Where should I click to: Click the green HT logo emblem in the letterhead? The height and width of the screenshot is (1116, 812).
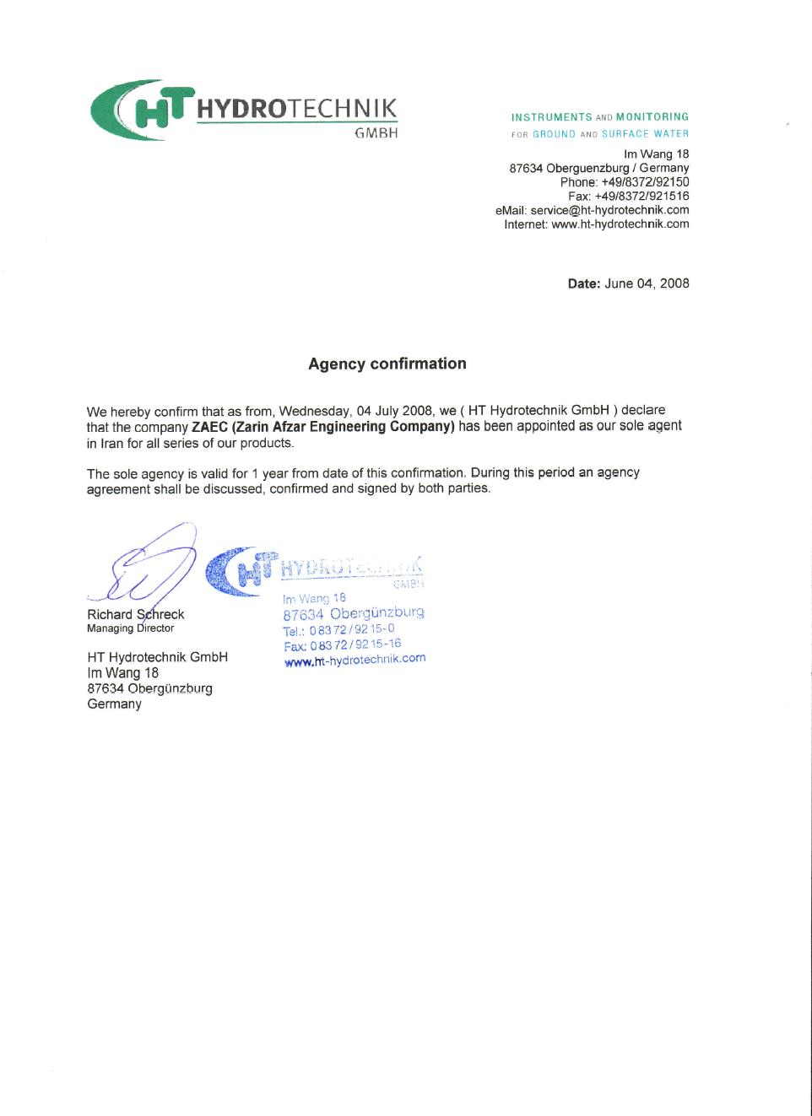[x=139, y=110]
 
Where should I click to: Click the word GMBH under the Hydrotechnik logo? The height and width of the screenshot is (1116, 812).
[x=376, y=133]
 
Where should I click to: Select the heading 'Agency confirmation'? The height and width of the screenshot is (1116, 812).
[x=387, y=364]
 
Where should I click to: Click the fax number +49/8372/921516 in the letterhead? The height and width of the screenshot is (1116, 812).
[x=641, y=197]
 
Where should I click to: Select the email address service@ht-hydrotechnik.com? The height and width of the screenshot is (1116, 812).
[x=609, y=210]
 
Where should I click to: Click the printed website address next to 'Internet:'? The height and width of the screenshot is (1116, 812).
[x=620, y=224]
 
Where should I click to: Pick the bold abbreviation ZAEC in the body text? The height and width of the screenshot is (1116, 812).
[x=210, y=427]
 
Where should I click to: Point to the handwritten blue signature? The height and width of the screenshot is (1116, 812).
[x=152, y=565]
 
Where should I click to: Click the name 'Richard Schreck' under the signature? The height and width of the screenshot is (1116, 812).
[x=135, y=614]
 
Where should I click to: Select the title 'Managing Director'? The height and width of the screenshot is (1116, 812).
[x=130, y=628]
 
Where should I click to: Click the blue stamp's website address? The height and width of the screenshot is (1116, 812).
[x=355, y=660]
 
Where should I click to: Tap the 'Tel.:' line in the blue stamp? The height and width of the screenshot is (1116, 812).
[x=338, y=630]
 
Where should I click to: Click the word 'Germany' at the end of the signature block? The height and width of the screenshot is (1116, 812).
[x=114, y=704]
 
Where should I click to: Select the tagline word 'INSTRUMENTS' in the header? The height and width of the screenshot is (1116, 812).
[x=551, y=117]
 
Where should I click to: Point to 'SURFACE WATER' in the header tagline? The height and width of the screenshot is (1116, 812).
[x=645, y=134]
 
